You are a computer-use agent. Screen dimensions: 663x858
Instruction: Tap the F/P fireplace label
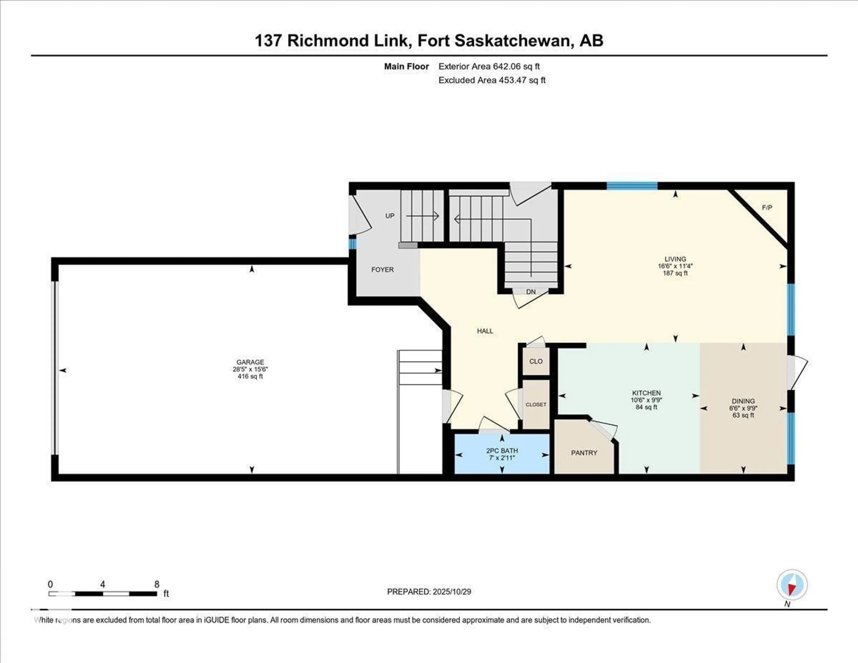pos(767,207)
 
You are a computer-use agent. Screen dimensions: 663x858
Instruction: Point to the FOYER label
pos(382,270)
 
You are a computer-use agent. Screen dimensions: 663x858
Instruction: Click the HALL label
pos(485,331)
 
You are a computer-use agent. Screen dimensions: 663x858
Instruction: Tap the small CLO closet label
pos(536,361)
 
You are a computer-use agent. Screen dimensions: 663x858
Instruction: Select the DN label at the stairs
pos(531,292)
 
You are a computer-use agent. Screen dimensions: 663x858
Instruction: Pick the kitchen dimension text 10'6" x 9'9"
pos(646,400)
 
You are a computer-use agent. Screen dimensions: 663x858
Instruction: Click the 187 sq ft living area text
pos(675,273)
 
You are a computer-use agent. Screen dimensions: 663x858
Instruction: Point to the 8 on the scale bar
pos(157,584)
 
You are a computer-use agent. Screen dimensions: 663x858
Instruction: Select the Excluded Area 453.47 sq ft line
pos(492,80)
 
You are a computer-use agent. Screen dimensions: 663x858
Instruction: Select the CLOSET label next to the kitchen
pos(536,404)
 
